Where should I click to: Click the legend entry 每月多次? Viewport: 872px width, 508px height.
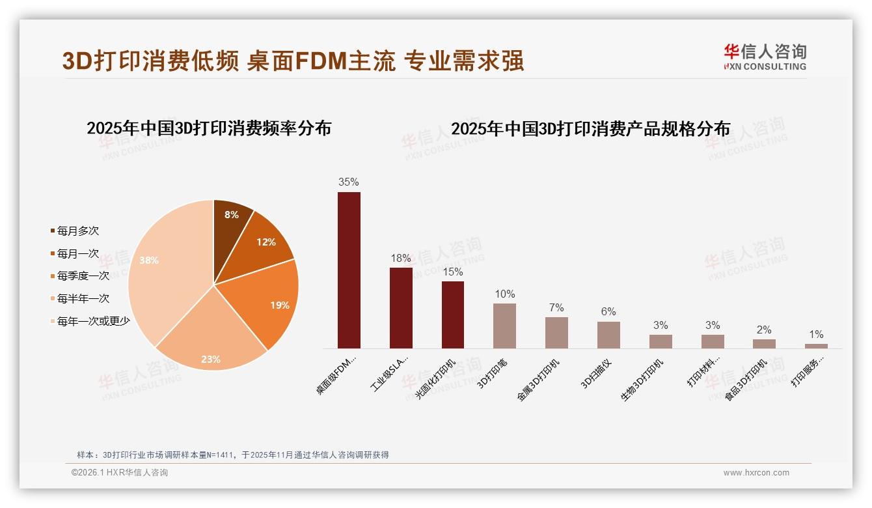coord(77,231)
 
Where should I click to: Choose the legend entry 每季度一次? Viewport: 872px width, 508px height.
coord(83,275)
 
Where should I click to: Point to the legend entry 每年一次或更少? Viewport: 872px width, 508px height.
coord(93,320)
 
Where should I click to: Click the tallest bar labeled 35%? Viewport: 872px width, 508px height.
coord(349,270)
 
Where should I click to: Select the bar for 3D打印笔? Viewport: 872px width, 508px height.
coord(504,326)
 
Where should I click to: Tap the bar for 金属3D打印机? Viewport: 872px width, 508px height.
coord(556,333)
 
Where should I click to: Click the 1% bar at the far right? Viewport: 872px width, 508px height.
coord(816,346)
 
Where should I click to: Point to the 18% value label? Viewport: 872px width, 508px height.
coord(400,259)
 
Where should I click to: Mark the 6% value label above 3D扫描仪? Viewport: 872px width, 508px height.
coord(608,312)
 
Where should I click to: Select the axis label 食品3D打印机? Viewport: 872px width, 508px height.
coord(746,380)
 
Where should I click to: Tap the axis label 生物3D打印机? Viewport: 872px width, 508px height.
coord(642,380)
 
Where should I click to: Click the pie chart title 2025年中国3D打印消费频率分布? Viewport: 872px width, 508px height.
coord(209,128)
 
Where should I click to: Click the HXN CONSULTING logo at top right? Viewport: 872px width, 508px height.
coord(765,57)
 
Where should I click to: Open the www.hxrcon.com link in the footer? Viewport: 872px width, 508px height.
coord(756,473)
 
